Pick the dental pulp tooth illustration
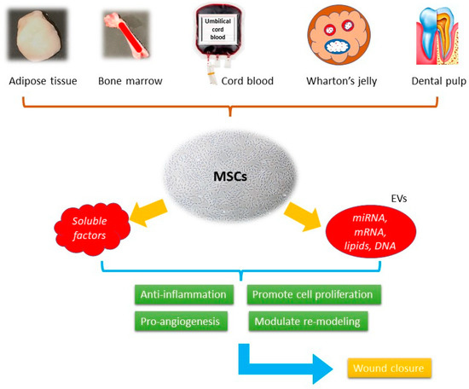[x=432, y=36]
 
